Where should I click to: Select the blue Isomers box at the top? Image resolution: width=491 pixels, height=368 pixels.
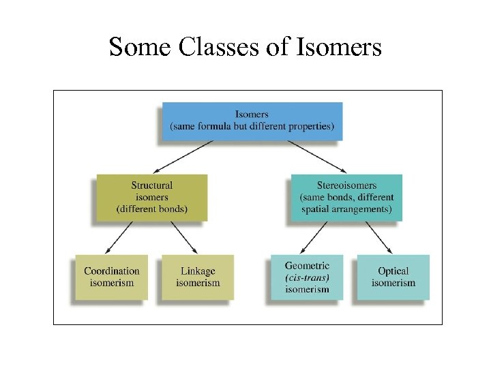[252, 121]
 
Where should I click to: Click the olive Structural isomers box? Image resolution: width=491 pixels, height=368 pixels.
[151, 197]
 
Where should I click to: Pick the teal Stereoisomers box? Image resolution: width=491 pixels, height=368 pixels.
[346, 197]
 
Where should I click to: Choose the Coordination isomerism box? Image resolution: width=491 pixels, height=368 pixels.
[111, 277]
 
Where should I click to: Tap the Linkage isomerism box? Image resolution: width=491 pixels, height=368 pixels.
[198, 277]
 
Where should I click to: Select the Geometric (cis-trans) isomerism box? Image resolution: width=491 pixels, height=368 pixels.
[307, 277]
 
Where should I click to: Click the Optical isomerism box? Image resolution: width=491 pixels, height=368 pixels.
[393, 277]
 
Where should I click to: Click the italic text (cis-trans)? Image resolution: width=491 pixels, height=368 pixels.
[307, 277]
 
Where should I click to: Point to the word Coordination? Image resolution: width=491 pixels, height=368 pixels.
[111, 271]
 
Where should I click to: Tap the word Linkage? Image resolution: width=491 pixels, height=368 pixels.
[198, 271]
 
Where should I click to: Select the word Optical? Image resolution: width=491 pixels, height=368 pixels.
[393, 271]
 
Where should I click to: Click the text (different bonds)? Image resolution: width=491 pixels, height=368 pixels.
[151, 209]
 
